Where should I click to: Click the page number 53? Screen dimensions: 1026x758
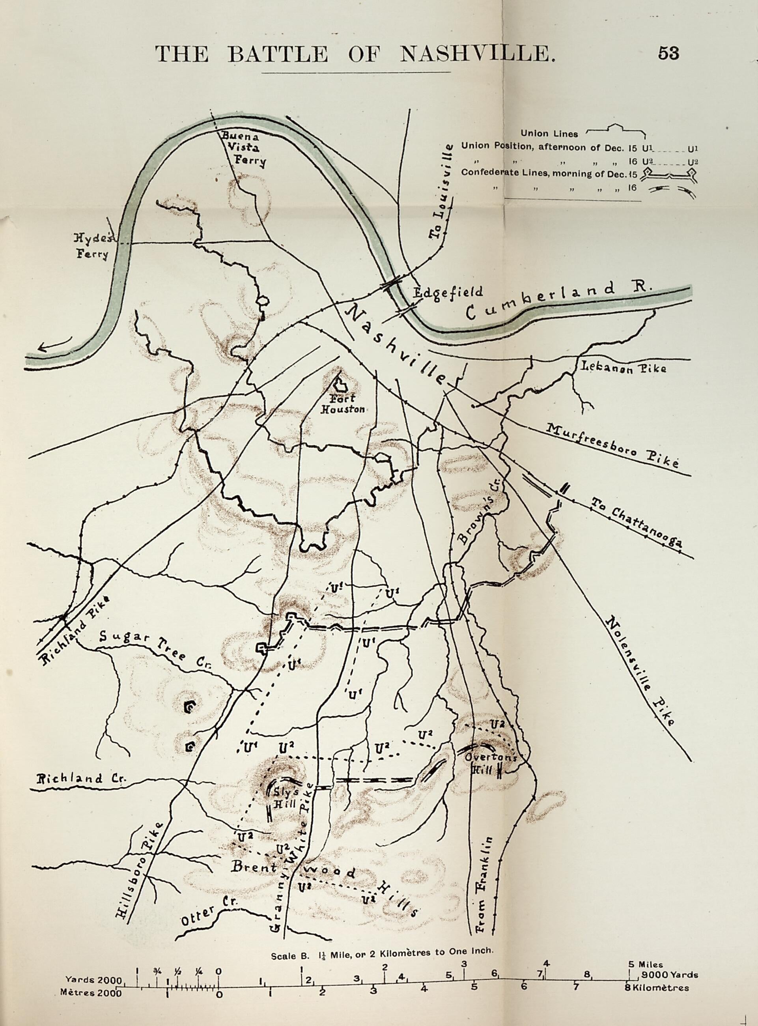(x=668, y=53)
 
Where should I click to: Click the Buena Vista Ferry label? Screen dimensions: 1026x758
(x=242, y=148)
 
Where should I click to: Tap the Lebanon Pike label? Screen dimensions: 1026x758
(x=624, y=368)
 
